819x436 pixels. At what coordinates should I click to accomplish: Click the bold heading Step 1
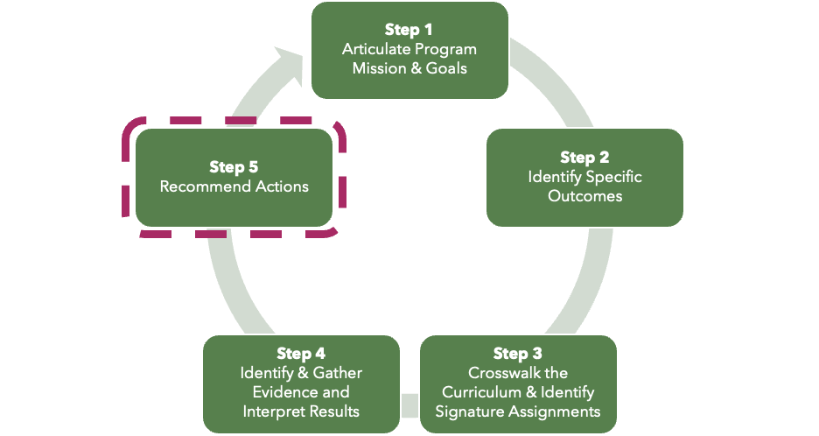[409, 30]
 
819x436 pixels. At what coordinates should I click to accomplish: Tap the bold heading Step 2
[584, 158]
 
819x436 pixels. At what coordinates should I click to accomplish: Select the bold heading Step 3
[518, 354]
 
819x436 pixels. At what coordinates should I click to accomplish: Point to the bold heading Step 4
[301, 354]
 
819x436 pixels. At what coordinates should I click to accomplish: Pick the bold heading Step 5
[234, 166]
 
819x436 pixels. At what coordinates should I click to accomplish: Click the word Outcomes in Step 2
[584, 196]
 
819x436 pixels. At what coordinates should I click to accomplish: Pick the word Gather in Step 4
[338, 373]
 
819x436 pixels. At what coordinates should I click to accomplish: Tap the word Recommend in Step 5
[200, 186]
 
